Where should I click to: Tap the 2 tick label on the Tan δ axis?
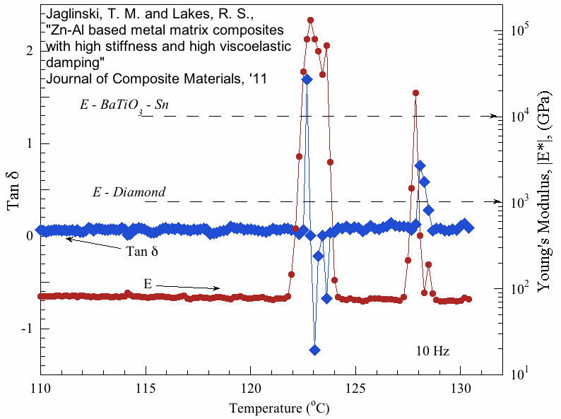(x=28, y=51)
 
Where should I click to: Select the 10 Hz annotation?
(x=432, y=350)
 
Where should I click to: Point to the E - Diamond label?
(x=129, y=192)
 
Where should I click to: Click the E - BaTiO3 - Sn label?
(x=124, y=105)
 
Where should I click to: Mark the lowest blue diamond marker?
(x=314, y=350)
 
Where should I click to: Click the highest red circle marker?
(x=310, y=20)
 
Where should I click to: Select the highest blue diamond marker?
(x=307, y=79)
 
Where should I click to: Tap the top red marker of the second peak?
(x=415, y=93)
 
